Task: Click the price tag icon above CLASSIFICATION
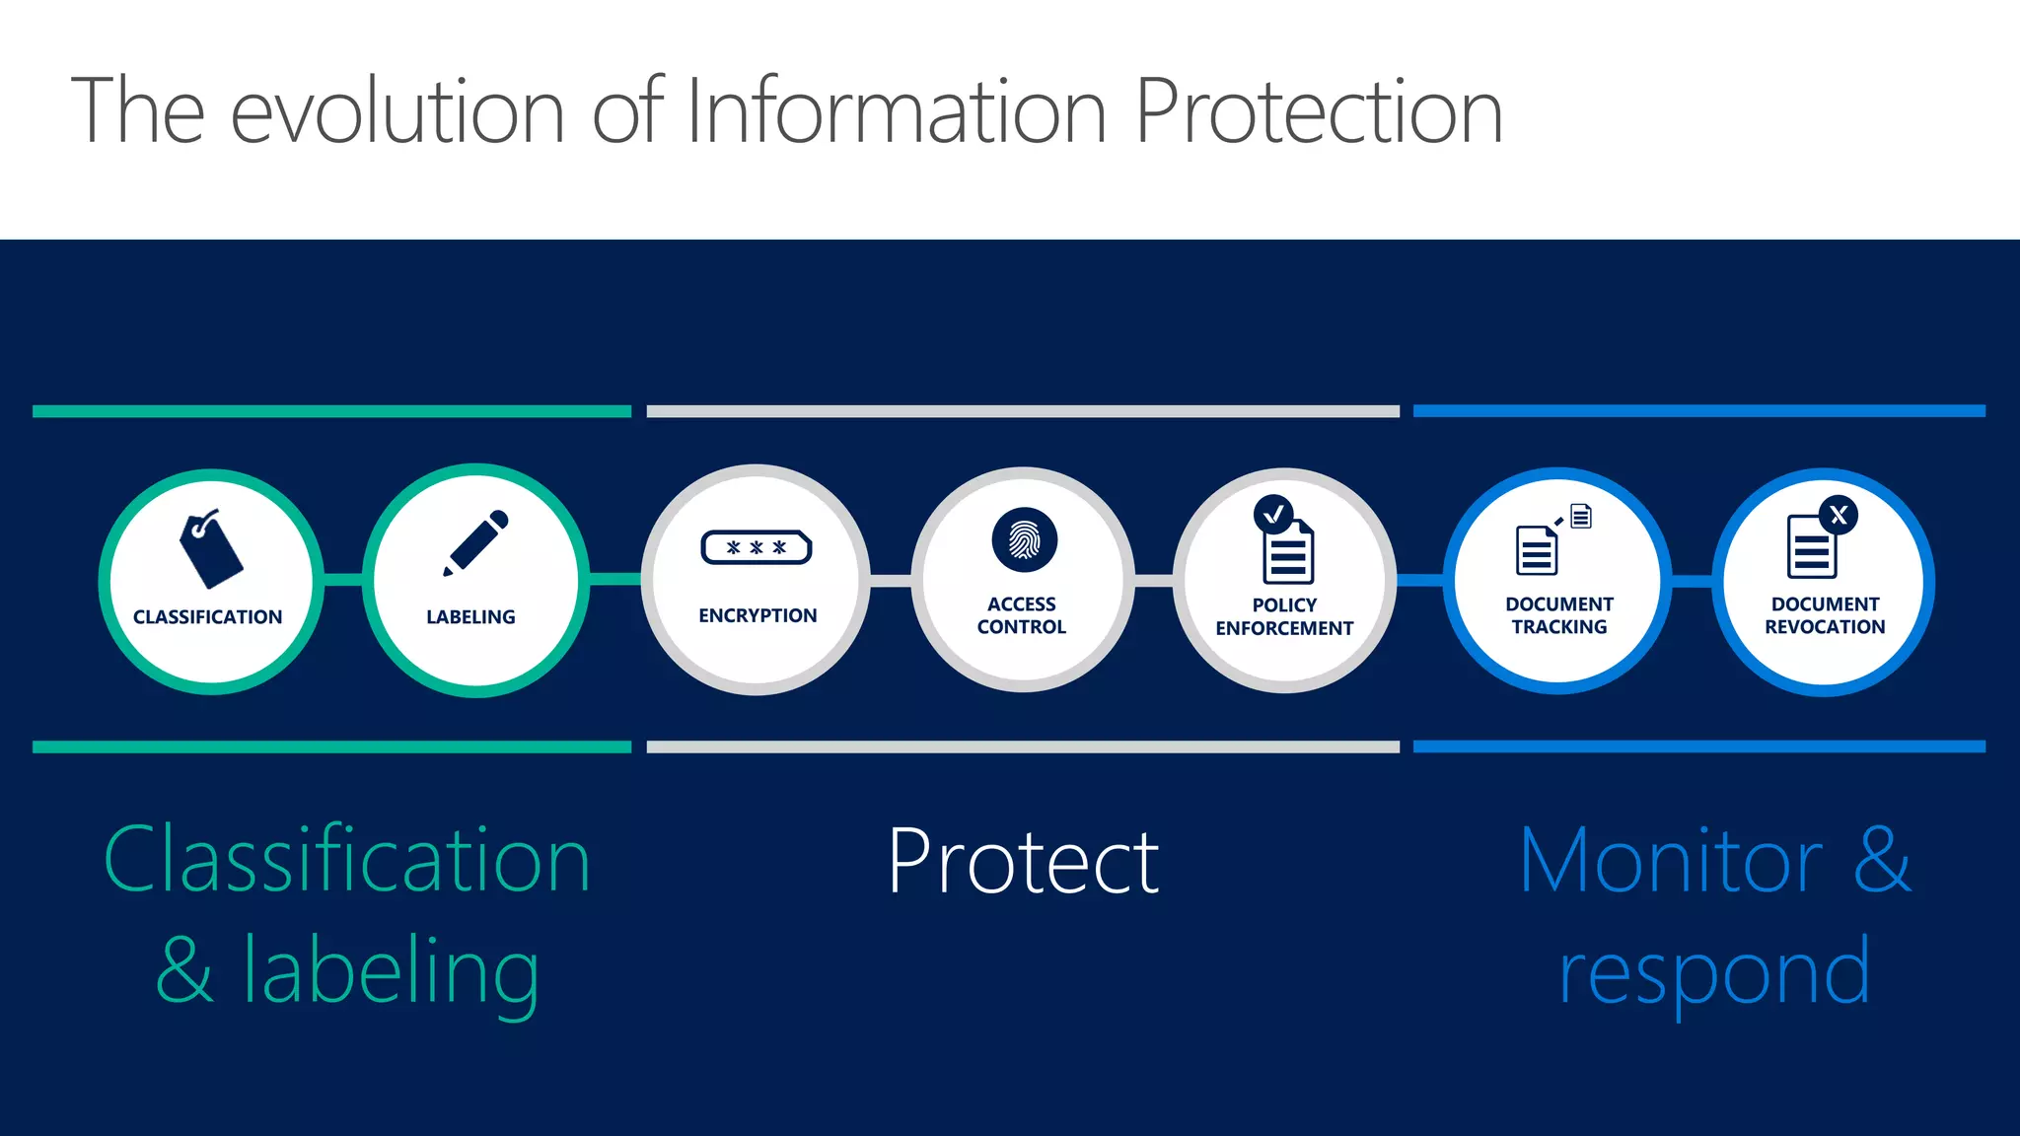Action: tap(210, 548)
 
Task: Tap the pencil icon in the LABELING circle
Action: tap(475, 542)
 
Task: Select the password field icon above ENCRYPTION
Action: tap(757, 547)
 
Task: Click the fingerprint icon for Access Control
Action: tap(1024, 540)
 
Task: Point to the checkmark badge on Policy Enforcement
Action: tap(1273, 514)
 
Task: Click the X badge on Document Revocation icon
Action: tap(1839, 515)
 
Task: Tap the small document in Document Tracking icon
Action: tap(1581, 516)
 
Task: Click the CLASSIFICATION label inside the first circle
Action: tap(207, 617)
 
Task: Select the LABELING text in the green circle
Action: tap(470, 617)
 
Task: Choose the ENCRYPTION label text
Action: tap(757, 616)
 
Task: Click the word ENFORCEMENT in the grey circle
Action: tap(1284, 628)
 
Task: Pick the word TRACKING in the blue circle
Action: tap(1558, 627)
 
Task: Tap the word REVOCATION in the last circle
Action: tap(1825, 627)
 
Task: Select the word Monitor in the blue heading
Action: tap(1671, 861)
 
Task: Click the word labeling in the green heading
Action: tap(391, 971)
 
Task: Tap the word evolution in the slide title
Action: tap(397, 111)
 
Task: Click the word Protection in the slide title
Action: tap(1319, 111)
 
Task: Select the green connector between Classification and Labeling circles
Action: tap(343, 580)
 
